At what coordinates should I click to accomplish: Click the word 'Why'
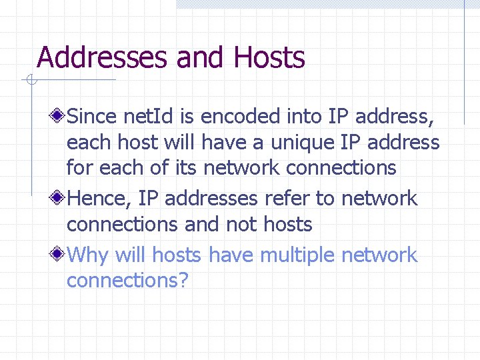click(x=89, y=255)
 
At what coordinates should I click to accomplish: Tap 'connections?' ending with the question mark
click(x=128, y=281)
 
